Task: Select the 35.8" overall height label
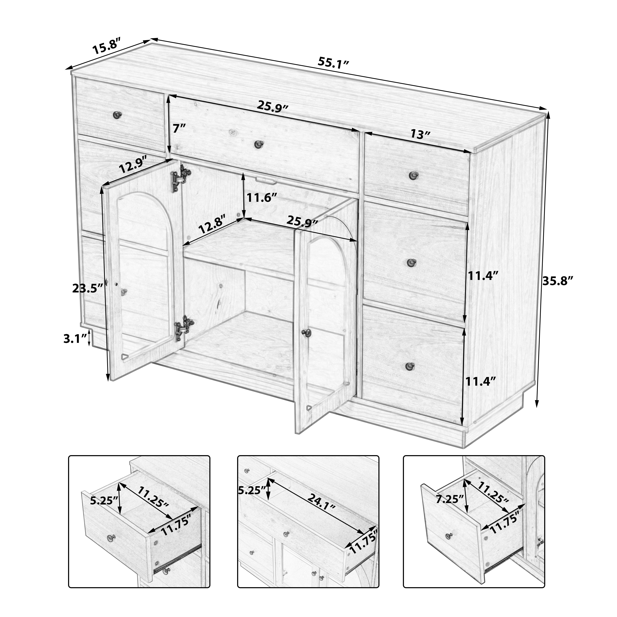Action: [x=558, y=281]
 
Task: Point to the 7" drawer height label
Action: [x=179, y=129]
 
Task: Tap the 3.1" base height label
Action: [x=75, y=339]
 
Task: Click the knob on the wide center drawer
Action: [x=258, y=145]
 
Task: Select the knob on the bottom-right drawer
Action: [x=410, y=366]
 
